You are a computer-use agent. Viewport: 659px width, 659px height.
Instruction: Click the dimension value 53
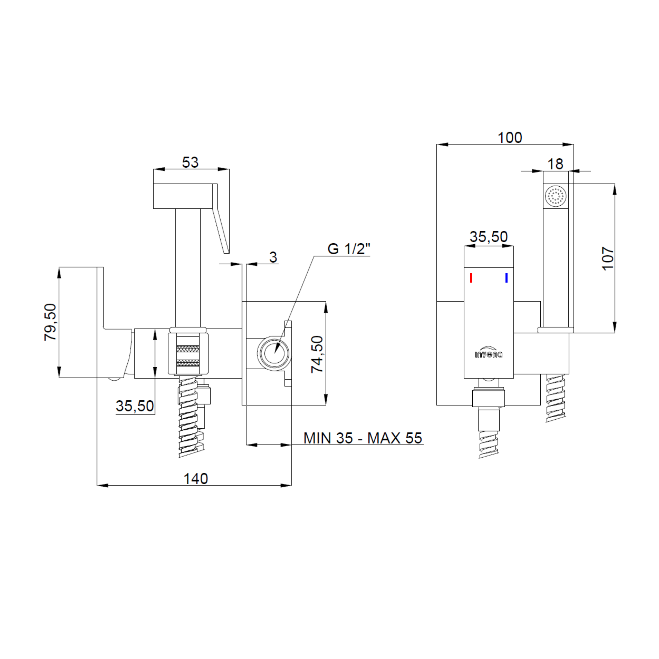click(190, 162)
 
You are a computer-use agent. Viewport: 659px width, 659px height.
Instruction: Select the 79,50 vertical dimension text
click(51, 322)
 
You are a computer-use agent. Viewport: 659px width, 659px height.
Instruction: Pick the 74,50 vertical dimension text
click(317, 354)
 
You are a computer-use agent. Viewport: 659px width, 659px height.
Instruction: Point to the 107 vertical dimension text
click(608, 259)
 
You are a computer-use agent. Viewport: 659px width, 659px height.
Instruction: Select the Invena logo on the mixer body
click(488, 354)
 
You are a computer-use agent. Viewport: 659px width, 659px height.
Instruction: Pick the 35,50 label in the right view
click(488, 237)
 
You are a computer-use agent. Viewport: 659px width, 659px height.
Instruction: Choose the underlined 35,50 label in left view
click(135, 406)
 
